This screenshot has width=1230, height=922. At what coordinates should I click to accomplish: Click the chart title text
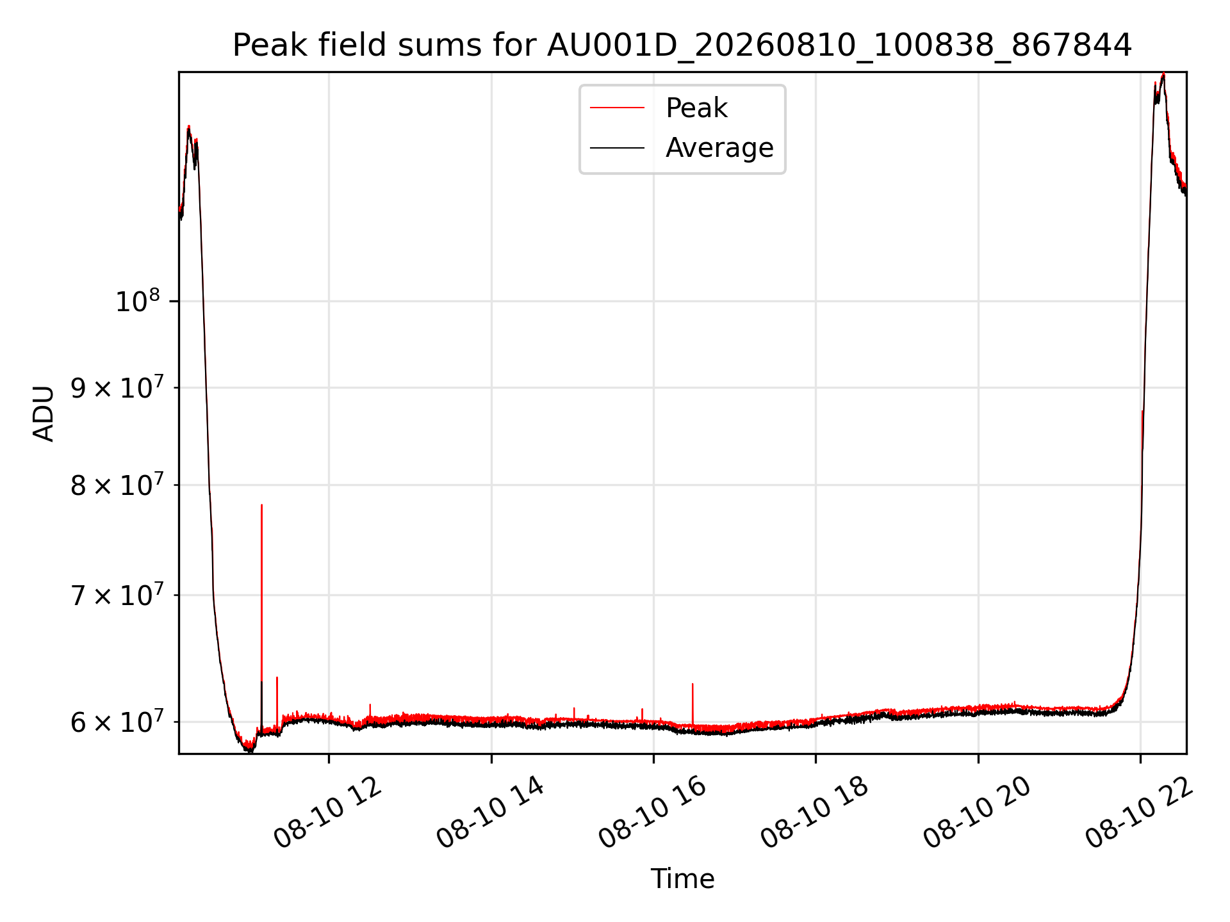tap(682, 45)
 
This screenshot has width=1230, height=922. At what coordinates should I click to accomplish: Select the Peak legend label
tap(696, 108)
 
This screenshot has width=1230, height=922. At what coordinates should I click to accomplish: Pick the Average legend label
tap(719, 148)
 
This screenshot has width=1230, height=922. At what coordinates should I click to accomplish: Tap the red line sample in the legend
tap(617, 108)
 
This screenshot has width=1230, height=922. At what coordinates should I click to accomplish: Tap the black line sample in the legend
tap(617, 148)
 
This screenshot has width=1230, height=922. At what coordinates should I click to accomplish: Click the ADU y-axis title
tap(44, 413)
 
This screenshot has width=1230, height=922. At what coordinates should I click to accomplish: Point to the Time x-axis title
tap(682, 879)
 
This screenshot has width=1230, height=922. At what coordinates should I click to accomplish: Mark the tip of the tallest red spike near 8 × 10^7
tap(261, 505)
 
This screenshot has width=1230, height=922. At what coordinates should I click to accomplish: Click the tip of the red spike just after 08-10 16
tap(693, 684)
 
